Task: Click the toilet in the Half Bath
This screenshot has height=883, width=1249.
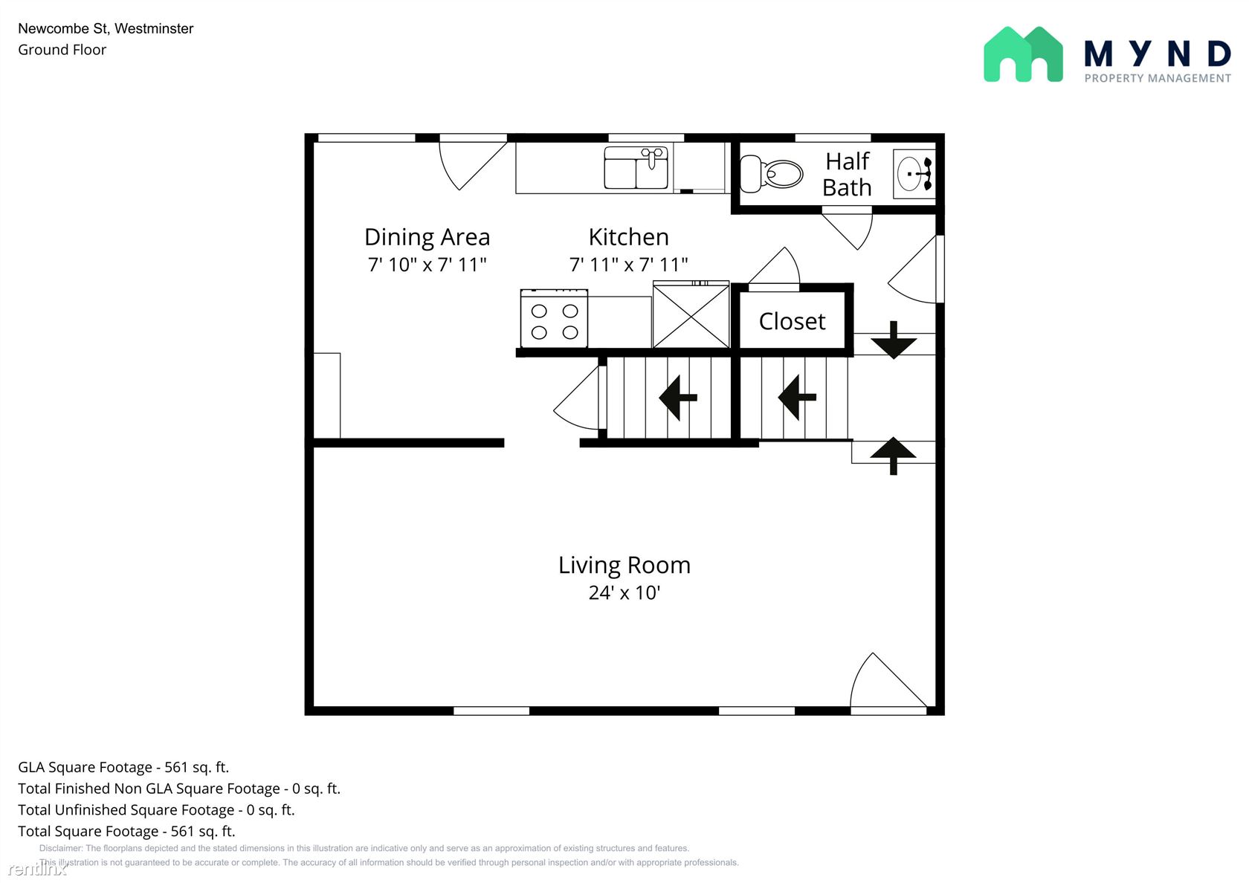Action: point(771,174)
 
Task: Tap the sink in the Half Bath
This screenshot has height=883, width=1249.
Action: point(914,174)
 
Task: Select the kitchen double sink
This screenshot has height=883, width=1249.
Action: point(636,167)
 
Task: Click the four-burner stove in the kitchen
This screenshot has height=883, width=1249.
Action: point(554,318)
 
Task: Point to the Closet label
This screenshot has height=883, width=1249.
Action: point(792,321)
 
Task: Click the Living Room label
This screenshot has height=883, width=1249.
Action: point(624,565)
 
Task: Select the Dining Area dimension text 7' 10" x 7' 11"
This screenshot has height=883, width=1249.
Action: point(427,265)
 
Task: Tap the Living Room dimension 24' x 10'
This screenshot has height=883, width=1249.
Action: point(624,592)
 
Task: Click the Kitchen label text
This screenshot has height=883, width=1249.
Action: point(628,237)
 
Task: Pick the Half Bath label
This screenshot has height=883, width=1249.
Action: point(847,175)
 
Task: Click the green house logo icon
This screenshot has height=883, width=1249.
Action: point(1023,54)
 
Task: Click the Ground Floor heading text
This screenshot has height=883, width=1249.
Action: point(62,50)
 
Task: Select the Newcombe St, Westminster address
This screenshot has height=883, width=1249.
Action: point(106,28)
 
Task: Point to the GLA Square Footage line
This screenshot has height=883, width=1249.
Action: point(123,767)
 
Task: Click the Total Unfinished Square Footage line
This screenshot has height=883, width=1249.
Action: point(156,809)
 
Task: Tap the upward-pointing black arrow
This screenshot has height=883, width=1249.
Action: point(894,456)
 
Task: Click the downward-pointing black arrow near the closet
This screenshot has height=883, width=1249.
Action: point(894,340)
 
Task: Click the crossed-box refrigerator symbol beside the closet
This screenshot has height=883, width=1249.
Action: point(691,315)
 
